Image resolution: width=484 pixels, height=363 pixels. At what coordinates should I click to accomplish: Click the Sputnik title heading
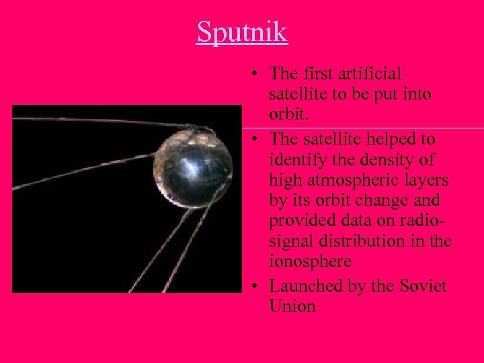242,32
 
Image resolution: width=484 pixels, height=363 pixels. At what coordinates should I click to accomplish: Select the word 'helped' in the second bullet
389,140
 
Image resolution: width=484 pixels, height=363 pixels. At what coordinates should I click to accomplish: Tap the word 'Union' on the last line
292,307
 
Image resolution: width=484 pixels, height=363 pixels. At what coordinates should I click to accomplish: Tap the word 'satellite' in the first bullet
296,94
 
